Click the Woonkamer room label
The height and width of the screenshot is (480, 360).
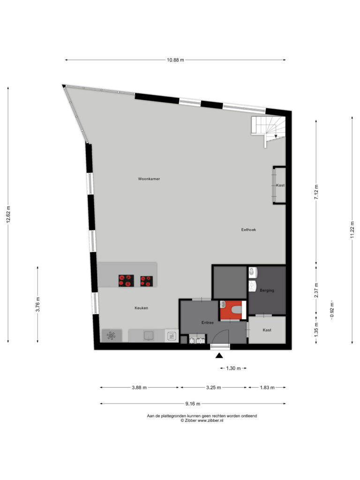point(149,179)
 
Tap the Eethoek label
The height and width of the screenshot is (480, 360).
point(248,230)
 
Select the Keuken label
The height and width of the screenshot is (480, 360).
point(142,308)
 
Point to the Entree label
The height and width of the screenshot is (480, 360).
point(208,322)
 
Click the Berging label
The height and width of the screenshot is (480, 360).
point(267,290)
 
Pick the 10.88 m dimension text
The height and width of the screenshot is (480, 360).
point(175,60)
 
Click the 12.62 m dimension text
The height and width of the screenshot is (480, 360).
point(8,215)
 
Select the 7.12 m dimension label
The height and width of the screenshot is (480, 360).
point(316,192)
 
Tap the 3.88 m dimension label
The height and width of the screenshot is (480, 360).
point(139,388)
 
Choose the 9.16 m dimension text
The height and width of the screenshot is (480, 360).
point(193,404)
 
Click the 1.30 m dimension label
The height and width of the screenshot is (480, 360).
point(233,368)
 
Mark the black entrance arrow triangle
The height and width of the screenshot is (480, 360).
point(219,355)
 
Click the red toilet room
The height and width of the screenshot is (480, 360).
point(233,310)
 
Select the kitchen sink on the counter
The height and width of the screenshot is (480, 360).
point(149,336)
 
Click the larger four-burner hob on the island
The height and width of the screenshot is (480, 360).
point(126,281)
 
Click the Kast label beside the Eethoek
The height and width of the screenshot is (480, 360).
point(280,185)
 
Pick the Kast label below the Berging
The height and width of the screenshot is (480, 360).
point(267,330)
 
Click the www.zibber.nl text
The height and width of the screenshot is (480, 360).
point(210,420)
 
